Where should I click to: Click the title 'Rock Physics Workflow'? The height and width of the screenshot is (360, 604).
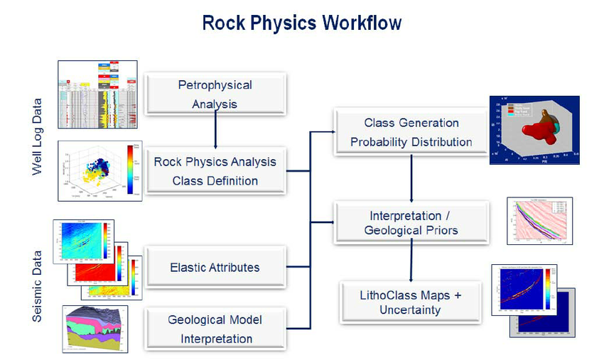302,23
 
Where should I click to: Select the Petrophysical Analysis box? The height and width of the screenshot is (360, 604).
215,94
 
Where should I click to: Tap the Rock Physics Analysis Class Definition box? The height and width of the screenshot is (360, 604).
215,170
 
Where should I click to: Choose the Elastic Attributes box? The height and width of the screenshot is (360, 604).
215,267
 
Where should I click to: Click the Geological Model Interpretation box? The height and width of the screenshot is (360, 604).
215,329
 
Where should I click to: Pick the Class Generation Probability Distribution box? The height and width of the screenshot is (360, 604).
411,132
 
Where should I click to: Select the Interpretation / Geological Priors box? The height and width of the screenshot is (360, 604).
411,222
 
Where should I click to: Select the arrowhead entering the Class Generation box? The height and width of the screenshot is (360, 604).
329,132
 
